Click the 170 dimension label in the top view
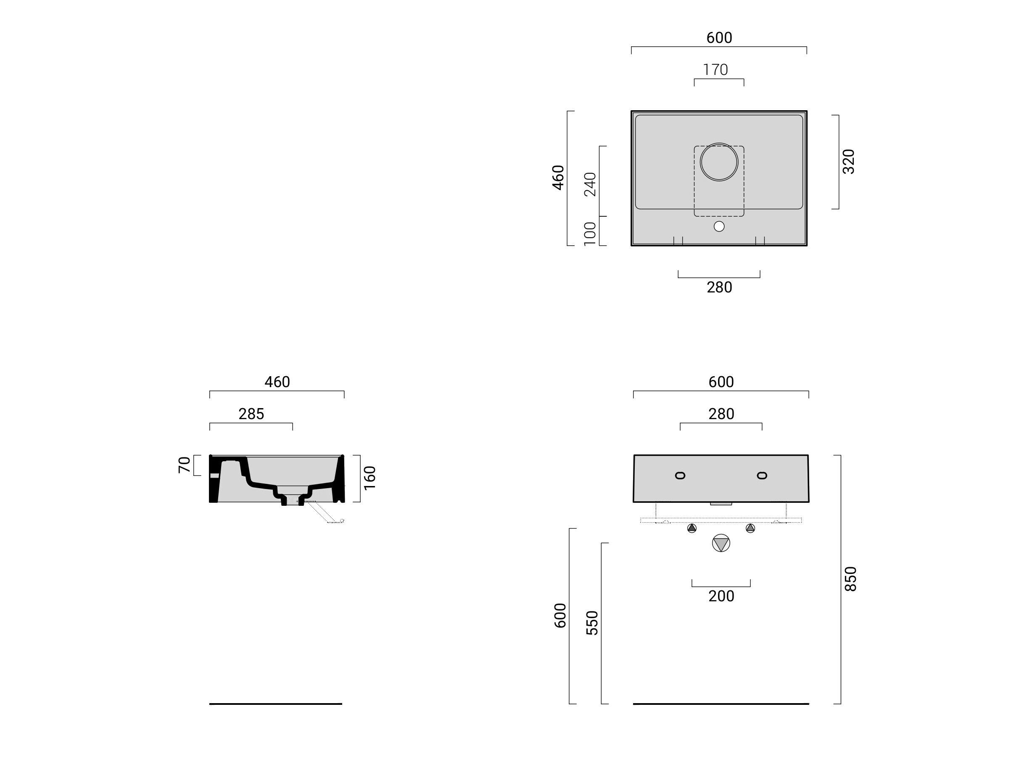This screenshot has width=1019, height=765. tap(715, 69)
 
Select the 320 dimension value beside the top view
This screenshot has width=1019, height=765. tap(849, 162)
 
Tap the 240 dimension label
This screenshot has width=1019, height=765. tap(590, 184)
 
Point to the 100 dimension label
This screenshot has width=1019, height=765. tap(590, 234)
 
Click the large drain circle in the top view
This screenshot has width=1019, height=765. tap(719, 162)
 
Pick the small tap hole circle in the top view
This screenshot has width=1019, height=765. tap(719, 226)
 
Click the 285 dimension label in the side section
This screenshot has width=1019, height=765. tap(251, 414)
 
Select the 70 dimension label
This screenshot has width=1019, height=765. tap(184, 465)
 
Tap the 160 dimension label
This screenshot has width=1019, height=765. tap(370, 478)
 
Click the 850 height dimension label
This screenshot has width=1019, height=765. tap(850, 579)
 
